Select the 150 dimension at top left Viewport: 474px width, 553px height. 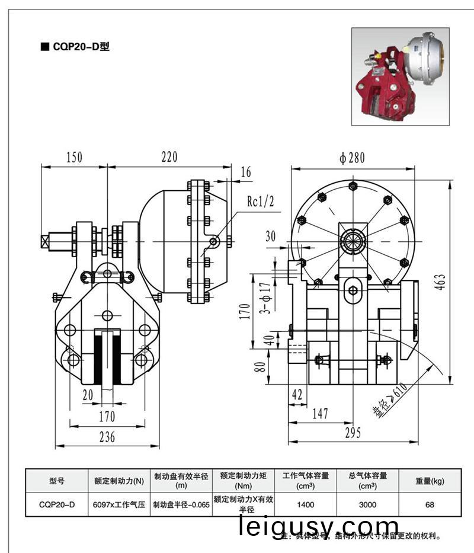(73, 157)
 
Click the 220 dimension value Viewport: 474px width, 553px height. (169, 157)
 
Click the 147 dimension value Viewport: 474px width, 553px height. (320, 414)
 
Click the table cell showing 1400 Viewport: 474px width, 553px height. (306, 505)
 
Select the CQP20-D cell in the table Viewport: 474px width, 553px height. (57, 505)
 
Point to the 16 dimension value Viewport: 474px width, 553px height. (246, 172)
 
